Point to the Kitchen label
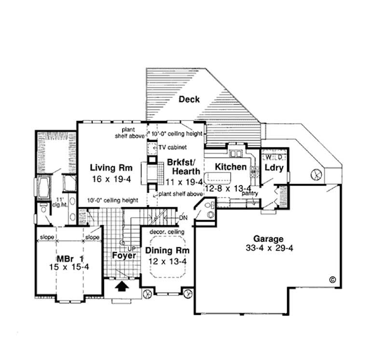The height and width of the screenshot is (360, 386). (231, 167)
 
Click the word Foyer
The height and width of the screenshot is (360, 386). (124, 255)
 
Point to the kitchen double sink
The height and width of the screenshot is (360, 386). (236, 154)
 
